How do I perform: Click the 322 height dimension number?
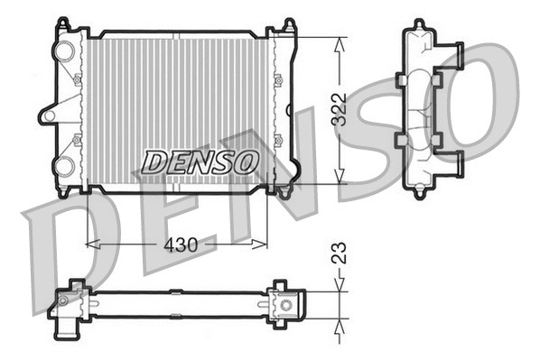340,109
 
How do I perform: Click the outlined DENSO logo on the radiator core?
200,162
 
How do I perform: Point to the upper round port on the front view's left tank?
65,52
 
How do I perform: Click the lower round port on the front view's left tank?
65,165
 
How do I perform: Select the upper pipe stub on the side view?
452,54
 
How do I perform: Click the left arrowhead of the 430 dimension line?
89,243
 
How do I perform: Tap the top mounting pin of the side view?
418,24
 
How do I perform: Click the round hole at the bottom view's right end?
286,305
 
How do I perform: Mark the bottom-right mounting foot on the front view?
284,191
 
